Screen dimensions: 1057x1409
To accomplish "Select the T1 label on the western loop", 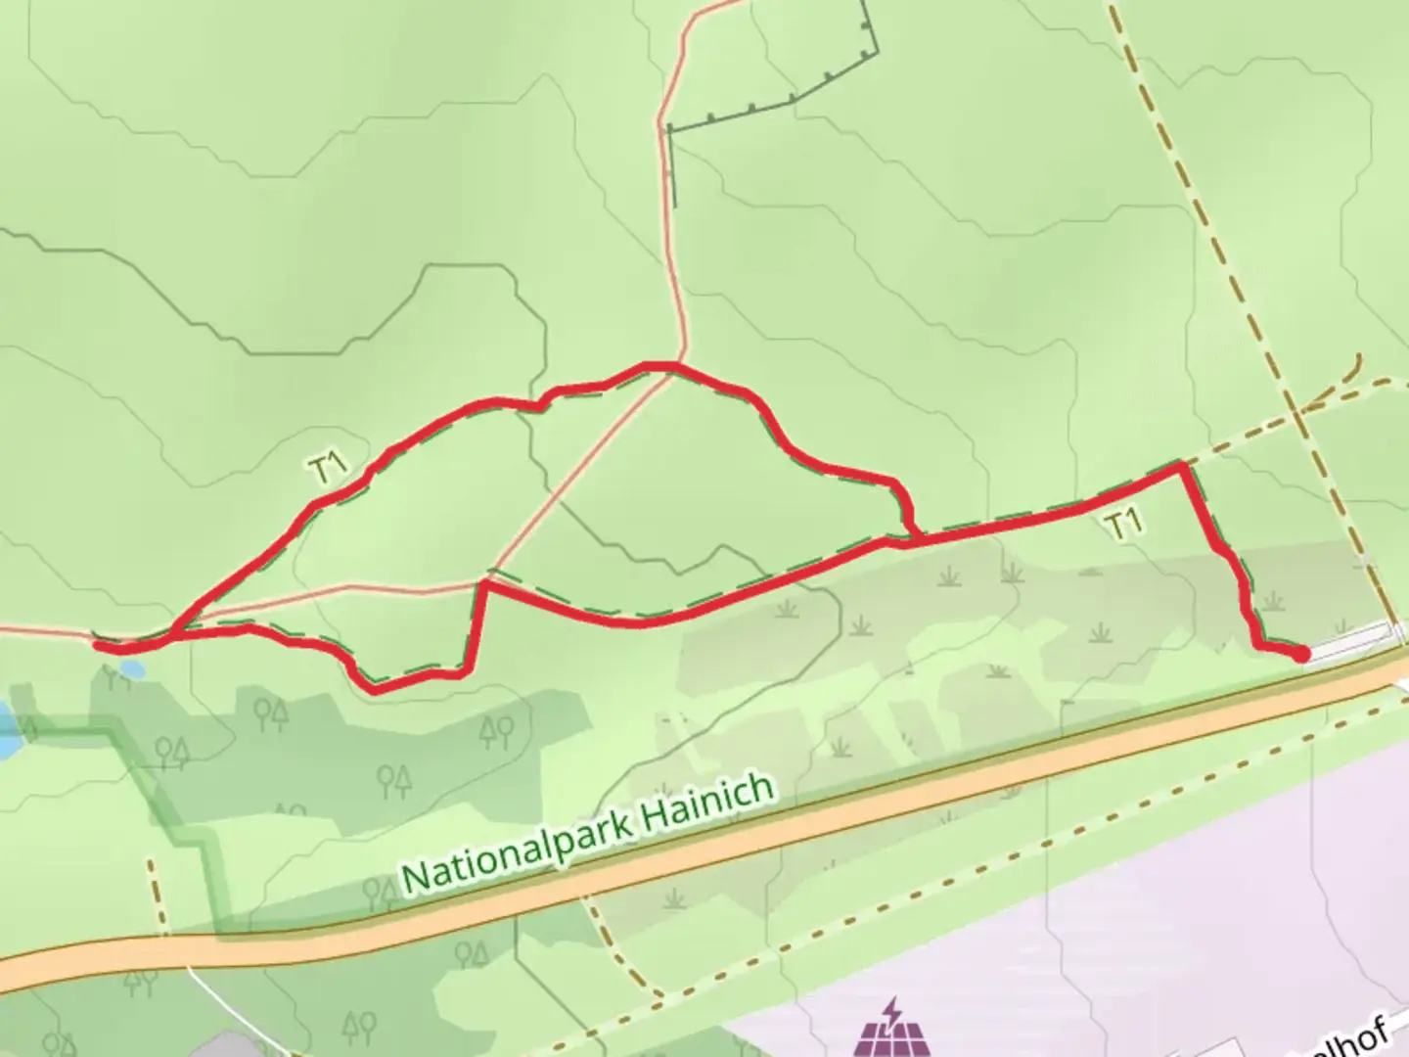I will click(330, 470).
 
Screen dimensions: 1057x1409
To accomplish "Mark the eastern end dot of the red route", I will click(1302, 653).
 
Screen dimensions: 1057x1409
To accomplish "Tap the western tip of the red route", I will click(99, 644).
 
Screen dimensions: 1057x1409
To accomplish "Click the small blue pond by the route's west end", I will click(130, 669).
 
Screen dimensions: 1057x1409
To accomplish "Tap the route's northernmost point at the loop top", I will click(656, 367).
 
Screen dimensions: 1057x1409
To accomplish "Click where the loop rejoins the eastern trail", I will click(915, 537).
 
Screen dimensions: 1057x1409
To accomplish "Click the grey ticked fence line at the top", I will click(793, 99).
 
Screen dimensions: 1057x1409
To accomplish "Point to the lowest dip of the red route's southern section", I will click(375, 688).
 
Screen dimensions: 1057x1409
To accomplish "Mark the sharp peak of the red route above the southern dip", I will click(483, 585).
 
